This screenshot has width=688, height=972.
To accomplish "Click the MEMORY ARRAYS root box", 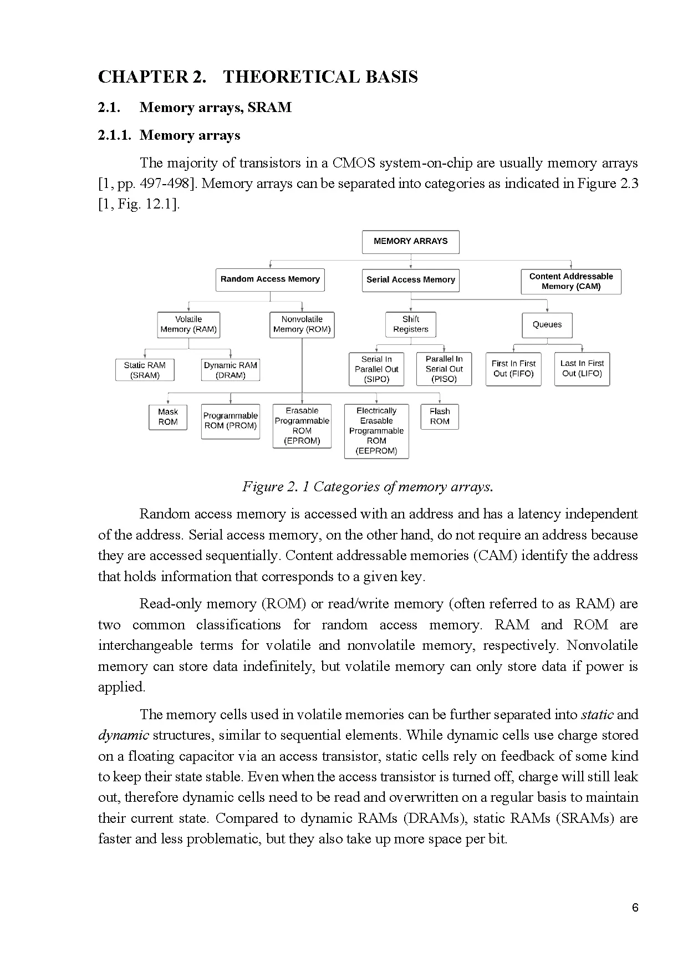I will pyautogui.click(x=410, y=242).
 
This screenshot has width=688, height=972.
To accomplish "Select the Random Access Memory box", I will pyautogui.click(x=270, y=279).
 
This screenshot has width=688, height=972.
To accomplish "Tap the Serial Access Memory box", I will pyautogui.click(x=410, y=280).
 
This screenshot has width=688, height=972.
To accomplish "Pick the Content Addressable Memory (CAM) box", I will pyautogui.click(x=570, y=282).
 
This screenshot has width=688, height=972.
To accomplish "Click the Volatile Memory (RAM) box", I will pyautogui.click(x=188, y=324).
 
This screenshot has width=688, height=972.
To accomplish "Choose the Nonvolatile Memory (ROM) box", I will pyautogui.click(x=302, y=324).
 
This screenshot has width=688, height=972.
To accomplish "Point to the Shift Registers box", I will pyautogui.click(x=410, y=324).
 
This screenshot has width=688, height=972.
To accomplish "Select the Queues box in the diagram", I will pyautogui.click(x=547, y=325).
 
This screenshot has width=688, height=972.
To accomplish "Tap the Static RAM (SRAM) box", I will pyautogui.click(x=145, y=370).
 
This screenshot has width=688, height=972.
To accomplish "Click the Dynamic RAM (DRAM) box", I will pyautogui.click(x=230, y=370).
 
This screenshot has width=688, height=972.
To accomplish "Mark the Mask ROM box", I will pyautogui.click(x=168, y=417).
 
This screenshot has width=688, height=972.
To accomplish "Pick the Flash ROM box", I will pyautogui.click(x=440, y=416).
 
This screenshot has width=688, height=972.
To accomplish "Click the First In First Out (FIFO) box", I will pyautogui.click(x=513, y=369).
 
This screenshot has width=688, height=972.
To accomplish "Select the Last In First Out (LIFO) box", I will pyautogui.click(x=582, y=369).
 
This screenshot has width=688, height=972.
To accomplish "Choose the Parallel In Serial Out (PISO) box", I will pyautogui.click(x=444, y=369).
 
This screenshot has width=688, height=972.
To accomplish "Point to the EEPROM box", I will pyautogui.click(x=376, y=431).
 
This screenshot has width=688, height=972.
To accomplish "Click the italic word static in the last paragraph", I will pyautogui.click(x=597, y=715).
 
